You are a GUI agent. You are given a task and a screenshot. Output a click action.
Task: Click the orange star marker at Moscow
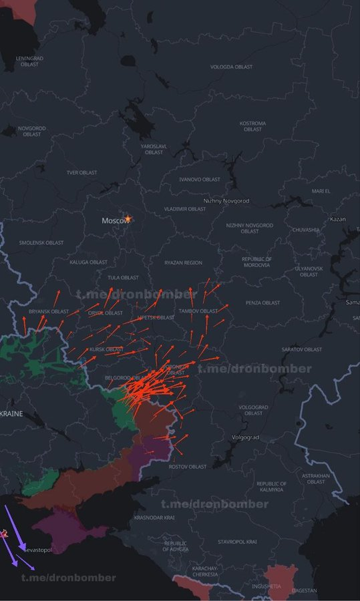point(128,219)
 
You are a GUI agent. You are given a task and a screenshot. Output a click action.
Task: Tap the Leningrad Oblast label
point(29,61)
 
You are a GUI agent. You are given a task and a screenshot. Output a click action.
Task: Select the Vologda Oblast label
point(232,67)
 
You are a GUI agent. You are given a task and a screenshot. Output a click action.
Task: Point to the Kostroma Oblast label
point(252,126)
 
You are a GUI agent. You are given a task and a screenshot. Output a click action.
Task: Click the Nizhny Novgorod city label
point(226,201)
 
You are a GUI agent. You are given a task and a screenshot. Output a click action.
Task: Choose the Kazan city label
point(338,219)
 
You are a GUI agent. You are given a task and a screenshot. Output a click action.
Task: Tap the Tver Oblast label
point(81,172)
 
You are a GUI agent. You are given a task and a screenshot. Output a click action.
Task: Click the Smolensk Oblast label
point(41,242)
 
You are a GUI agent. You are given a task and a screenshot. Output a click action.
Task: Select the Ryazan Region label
point(183,262)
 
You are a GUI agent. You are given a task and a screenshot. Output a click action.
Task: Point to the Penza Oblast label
point(262,303)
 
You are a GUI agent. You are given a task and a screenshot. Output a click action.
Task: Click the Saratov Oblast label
point(301,349)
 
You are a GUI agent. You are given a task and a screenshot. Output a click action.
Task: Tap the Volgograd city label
point(244,437)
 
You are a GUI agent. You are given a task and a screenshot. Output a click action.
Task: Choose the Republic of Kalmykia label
point(271,487)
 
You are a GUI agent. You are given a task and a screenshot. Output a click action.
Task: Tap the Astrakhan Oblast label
point(316,478)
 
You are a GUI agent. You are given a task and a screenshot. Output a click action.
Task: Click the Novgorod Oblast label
point(31,131)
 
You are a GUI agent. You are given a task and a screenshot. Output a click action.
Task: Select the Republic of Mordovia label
point(256,262)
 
